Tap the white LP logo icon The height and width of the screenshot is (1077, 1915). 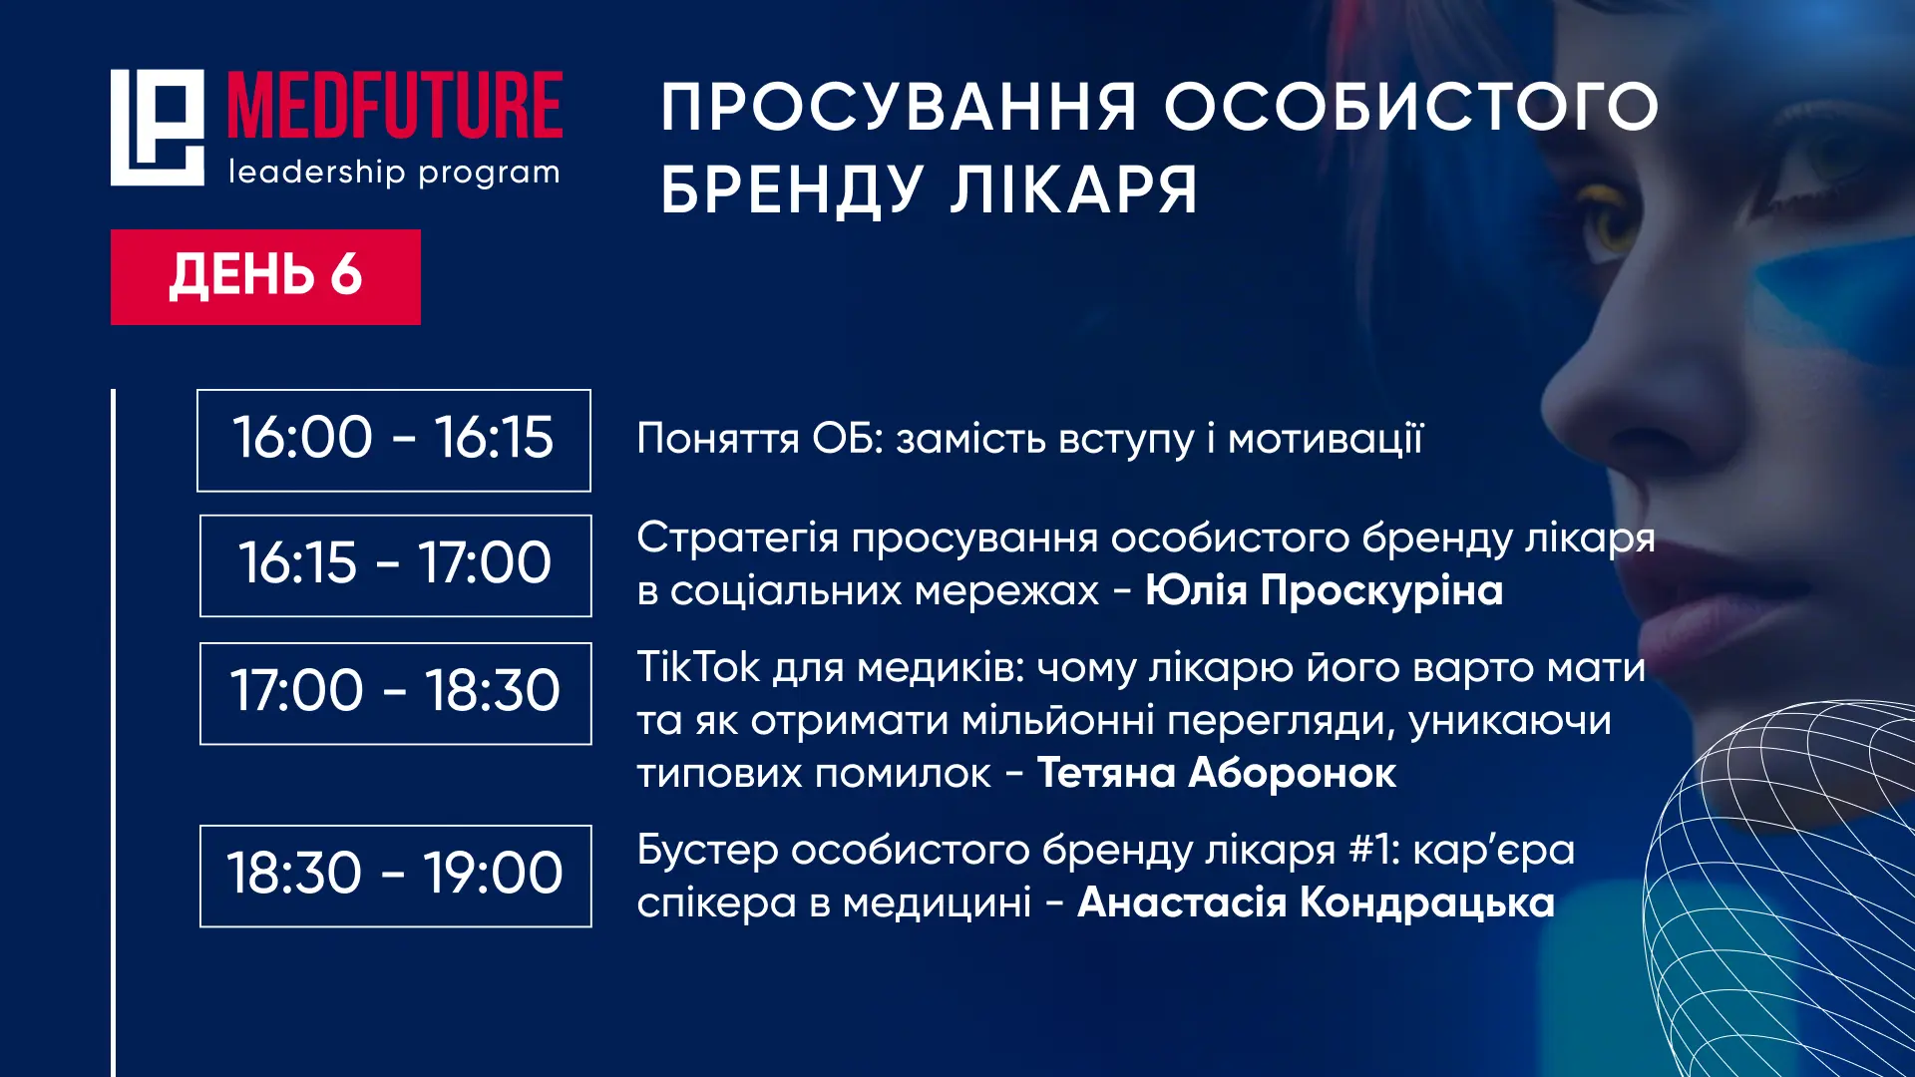[x=157, y=127]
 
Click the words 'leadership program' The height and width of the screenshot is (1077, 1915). [x=394, y=172]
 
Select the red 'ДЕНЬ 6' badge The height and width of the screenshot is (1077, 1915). [x=265, y=276]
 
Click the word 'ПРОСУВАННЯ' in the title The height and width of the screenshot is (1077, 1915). [x=899, y=107]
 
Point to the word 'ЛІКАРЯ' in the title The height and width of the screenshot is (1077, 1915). [x=1073, y=189]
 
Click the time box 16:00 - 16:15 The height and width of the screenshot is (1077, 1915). [x=394, y=440]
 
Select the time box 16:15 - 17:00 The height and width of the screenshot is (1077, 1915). [x=396, y=565]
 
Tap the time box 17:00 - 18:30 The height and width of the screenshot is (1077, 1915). [x=396, y=693]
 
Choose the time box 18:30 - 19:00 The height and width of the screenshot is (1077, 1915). [x=396, y=876]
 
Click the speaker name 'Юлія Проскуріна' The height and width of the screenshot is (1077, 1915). [x=1324, y=589]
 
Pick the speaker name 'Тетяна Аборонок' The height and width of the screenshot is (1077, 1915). [x=1217, y=773]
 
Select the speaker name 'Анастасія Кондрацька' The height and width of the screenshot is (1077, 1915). [x=1317, y=902]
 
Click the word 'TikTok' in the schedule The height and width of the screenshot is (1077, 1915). [x=698, y=666]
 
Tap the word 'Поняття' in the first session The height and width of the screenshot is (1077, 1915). [x=718, y=439]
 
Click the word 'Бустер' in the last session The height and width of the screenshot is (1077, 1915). [x=708, y=851]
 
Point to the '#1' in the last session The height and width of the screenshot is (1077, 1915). [x=1374, y=851]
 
